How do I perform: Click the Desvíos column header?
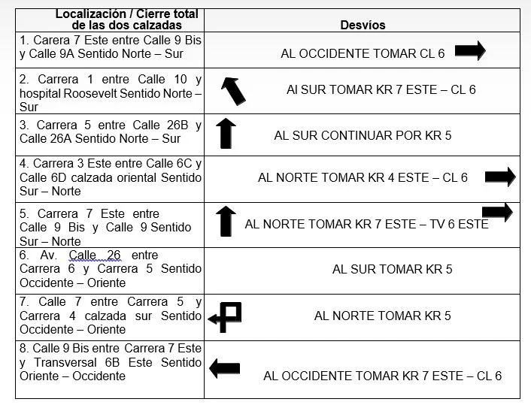tap(363, 25)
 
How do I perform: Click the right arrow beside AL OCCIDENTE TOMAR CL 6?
tap(470, 50)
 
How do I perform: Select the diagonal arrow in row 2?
tap(233, 91)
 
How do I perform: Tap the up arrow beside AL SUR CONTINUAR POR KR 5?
tap(226, 133)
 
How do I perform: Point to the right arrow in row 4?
tap(500, 177)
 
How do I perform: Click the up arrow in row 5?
tap(226, 221)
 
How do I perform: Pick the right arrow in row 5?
tap(497, 212)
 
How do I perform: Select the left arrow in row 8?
tap(225, 368)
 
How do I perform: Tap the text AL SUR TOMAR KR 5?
tap(392, 269)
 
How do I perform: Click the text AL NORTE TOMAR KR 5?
tap(383, 316)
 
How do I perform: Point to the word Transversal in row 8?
tap(65, 362)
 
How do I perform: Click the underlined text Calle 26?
tap(95, 255)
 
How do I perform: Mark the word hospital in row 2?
tap(40, 93)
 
